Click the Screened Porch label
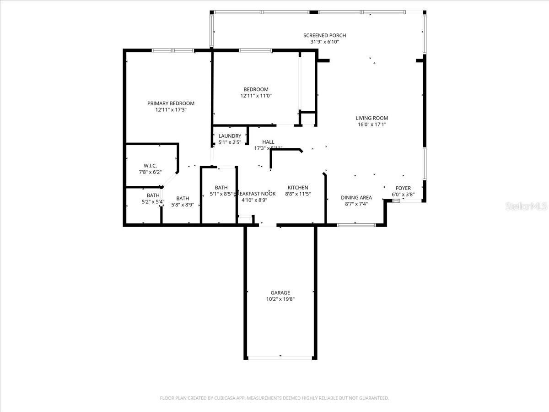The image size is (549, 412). pyautogui.click(x=324, y=35)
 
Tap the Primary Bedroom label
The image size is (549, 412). pyautogui.click(x=171, y=103)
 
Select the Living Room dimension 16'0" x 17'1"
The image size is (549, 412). pyautogui.click(x=371, y=125)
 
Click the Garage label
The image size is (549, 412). pyautogui.click(x=280, y=293)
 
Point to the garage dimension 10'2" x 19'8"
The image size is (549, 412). pyautogui.click(x=280, y=299)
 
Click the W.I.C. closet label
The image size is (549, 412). pyautogui.click(x=150, y=165)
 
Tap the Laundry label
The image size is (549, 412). pyautogui.click(x=230, y=136)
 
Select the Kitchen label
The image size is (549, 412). pyautogui.click(x=297, y=187)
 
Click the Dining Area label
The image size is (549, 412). pyautogui.click(x=356, y=198)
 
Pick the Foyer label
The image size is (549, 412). pyautogui.click(x=403, y=188)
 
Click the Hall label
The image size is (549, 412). pyautogui.click(x=268, y=142)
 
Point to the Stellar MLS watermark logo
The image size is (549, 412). pyautogui.click(x=526, y=207)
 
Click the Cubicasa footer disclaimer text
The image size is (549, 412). pyautogui.click(x=274, y=398)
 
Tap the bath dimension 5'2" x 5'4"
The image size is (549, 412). pyautogui.click(x=153, y=202)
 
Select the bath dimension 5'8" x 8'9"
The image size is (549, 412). pyautogui.click(x=183, y=205)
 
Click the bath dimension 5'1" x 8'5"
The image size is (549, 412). pyautogui.click(x=221, y=194)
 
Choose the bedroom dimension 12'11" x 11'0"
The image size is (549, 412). pyautogui.click(x=256, y=96)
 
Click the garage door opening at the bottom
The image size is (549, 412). pyautogui.click(x=280, y=358)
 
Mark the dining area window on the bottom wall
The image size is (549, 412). pyautogui.click(x=356, y=225)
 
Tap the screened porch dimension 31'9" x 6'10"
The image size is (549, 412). pyautogui.click(x=324, y=42)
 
